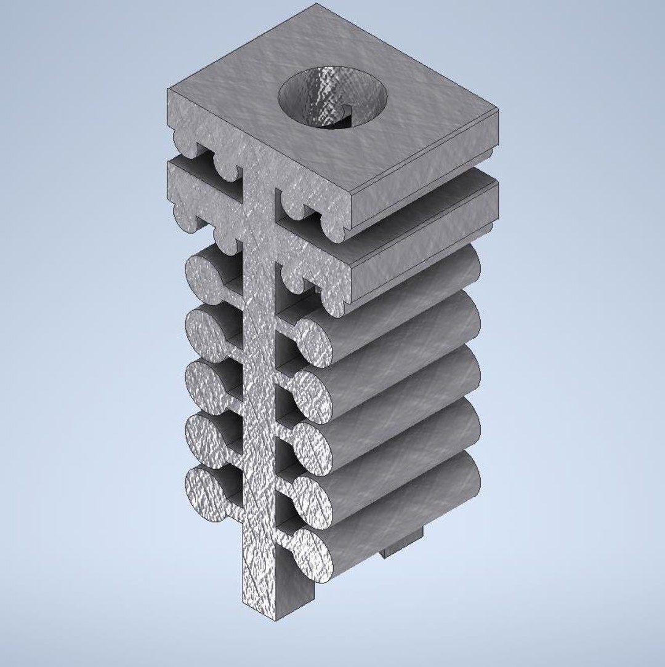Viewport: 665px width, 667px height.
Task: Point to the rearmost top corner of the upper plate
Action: [316, 4]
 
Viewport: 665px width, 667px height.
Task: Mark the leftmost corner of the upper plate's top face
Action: [167, 90]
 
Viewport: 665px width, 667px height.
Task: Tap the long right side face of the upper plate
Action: [425, 172]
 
